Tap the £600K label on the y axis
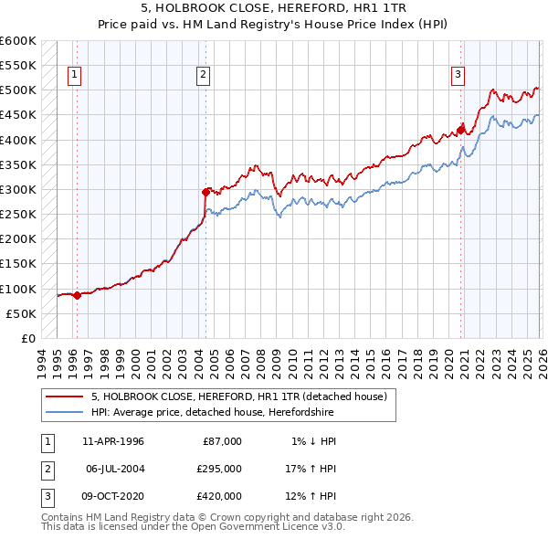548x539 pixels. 18,41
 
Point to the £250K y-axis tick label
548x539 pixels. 18,215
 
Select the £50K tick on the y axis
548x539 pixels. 21,313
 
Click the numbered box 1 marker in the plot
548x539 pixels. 74,76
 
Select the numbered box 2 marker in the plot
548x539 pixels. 203,76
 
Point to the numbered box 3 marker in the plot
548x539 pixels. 458,76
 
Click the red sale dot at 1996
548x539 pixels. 77,295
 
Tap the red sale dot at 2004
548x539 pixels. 205,192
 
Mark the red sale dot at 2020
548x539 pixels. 460,130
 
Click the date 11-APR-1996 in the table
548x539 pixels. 112,440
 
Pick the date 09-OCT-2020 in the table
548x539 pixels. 112,496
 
